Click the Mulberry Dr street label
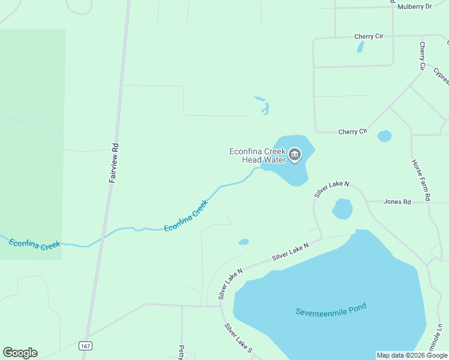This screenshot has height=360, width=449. pyautogui.click(x=415, y=7)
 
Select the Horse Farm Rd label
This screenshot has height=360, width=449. pyautogui.click(x=421, y=179)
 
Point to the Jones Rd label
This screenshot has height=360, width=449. pyautogui.click(x=397, y=202)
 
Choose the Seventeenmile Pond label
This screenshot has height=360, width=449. pyautogui.click(x=331, y=310)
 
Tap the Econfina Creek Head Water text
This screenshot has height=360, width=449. pyautogui.click(x=257, y=156)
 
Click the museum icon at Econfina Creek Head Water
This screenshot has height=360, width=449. pyautogui.click(x=294, y=155)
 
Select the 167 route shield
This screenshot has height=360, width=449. pyautogui.click(x=85, y=346)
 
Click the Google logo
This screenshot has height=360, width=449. pyautogui.click(x=20, y=353)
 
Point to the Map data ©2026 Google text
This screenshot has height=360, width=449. pyautogui.click(x=412, y=355)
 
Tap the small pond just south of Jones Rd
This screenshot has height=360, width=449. pyautogui.click(x=343, y=209)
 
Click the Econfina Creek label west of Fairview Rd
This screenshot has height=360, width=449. pyautogui.click(x=34, y=245)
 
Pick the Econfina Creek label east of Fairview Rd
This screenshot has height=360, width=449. pyautogui.click(x=186, y=216)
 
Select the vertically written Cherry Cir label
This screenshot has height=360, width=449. pyautogui.click(x=423, y=55)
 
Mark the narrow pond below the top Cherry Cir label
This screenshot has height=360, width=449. pyautogui.click(x=360, y=47)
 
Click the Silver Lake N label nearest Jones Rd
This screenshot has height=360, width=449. pyautogui.click(x=331, y=190)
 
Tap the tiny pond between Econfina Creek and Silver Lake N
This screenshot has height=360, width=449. pyautogui.click(x=243, y=242)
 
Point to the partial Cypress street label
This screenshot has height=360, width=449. pyautogui.click(x=441, y=76)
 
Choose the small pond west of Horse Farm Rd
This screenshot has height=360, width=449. pyautogui.click(x=384, y=136)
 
